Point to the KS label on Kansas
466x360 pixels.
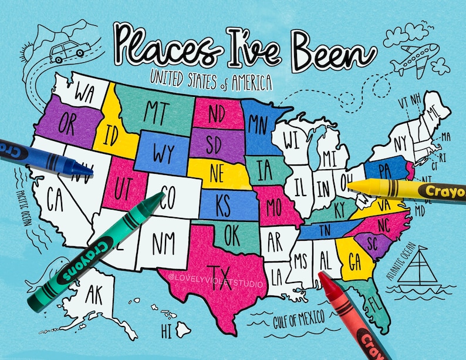[x=223, y=206]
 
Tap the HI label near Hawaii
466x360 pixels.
[x=167, y=327]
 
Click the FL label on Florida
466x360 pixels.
[x=375, y=305]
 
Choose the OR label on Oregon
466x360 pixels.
[x=66, y=124]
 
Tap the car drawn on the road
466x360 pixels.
[x=66, y=51]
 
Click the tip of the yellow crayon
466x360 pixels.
[x=350, y=185]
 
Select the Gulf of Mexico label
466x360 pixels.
[x=299, y=319]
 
